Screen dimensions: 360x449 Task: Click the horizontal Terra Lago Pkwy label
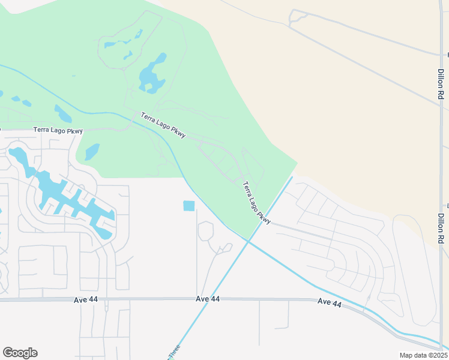tap(58, 130)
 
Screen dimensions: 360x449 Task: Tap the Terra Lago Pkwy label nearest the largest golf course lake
tap(163, 125)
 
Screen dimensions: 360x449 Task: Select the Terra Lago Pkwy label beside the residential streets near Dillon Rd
tap(258, 203)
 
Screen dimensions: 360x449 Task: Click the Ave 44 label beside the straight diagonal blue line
tap(208, 299)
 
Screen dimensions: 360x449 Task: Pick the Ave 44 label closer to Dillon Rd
tap(330, 304)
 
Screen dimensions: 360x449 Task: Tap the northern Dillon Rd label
tap(441, 83)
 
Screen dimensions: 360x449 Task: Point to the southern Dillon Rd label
tap(441, 228)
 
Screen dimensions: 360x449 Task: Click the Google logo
tap(20, 353)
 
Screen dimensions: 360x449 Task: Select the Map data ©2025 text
tap(424, 355)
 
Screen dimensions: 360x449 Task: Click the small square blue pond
tap(189, 206)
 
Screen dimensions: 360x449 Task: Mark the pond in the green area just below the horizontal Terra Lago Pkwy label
tap(91, 152)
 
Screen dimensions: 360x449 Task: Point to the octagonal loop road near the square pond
tap(205, 230)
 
